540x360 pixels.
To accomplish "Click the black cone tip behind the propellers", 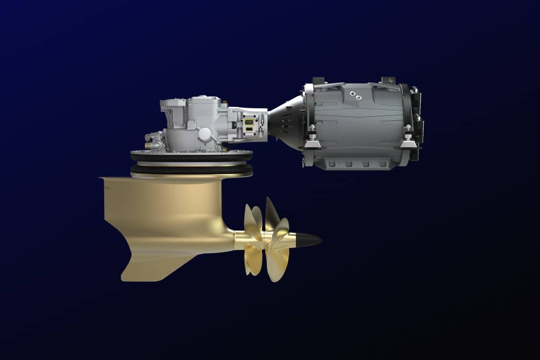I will click(x=308, y=240).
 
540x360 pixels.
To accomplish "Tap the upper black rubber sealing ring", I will click(x=192, y=157).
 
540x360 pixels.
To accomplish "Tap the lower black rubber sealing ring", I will click(x=192, y=169).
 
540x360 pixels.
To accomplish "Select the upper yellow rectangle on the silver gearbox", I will click(x=249, y=122).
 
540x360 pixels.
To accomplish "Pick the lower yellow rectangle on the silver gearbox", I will click(x=249, y=132).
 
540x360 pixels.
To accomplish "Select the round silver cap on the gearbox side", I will click(x=205, y=133).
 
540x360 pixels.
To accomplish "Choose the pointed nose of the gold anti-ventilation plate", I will click(x=103, y=178).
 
